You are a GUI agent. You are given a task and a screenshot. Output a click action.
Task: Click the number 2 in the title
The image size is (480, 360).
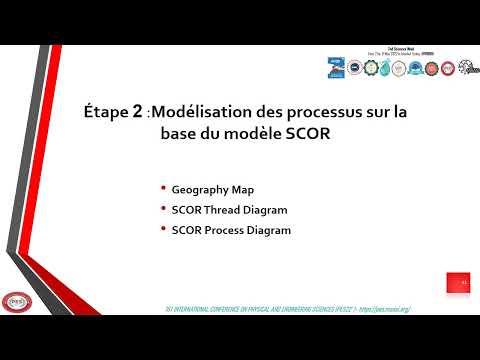tap(137, 113)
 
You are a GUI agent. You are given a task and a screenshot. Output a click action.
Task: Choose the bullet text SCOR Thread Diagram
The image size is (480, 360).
tap(229, 210)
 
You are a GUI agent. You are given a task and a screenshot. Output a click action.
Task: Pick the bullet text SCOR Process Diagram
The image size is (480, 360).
tap(231, 230)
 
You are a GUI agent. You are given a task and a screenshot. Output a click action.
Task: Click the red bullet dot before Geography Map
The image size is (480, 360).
tap(163, 189)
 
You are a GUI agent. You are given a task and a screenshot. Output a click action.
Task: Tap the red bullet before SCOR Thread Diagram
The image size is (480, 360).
tap(163, 210)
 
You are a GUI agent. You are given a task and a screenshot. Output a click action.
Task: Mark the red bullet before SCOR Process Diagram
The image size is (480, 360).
tap(163, 230)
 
